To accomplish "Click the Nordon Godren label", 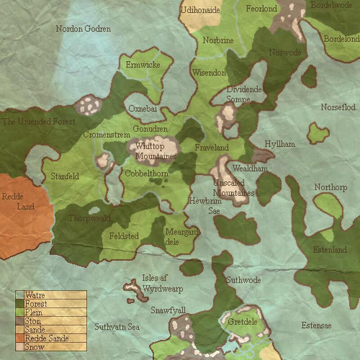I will (83, 29).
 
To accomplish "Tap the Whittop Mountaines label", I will (156, 151).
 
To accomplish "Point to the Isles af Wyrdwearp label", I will (162, 283).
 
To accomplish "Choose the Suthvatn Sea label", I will (117, 327).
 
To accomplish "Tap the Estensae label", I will (316, 325).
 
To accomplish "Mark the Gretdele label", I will (243, 322).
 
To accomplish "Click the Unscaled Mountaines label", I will (234, 188).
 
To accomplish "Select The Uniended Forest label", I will (38, 121).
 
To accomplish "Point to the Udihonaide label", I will (200, 10).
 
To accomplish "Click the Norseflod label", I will (338, 108).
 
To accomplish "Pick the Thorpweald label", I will (90, 218).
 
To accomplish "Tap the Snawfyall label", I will (168, 310).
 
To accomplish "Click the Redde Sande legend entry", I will (47, 338).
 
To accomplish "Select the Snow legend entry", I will (35, 347).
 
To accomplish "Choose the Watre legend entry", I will (35, 296).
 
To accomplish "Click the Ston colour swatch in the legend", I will (19, 321).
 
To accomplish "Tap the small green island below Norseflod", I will (319, 134).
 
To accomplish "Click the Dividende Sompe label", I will (244, 94).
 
